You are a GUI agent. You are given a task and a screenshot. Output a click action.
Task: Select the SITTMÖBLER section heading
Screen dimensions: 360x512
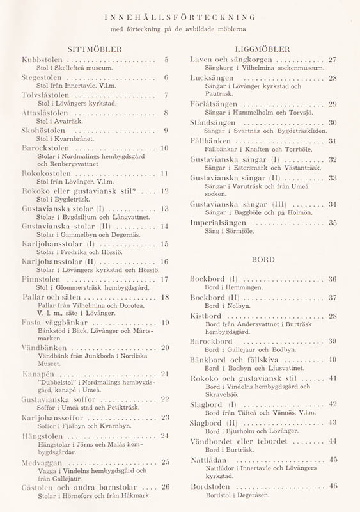point(94,49)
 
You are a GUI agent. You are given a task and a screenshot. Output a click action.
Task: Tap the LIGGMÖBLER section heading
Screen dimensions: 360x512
point(262,49)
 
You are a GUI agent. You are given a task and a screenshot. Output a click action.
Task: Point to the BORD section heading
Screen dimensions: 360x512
point(263,260)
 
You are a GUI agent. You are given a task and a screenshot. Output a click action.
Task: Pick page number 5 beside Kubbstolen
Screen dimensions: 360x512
point(166,60)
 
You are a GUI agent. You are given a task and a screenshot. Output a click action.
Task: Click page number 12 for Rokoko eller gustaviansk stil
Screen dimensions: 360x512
point(164,191)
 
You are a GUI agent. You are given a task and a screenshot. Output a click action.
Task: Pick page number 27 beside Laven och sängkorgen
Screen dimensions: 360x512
point(332,60)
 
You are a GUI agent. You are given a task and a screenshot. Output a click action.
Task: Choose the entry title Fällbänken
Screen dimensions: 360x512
point(212,141)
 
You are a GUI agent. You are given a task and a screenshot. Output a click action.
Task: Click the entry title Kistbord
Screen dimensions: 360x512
point(206,316)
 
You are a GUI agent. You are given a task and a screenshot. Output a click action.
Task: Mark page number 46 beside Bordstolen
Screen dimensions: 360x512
point(333,486)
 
